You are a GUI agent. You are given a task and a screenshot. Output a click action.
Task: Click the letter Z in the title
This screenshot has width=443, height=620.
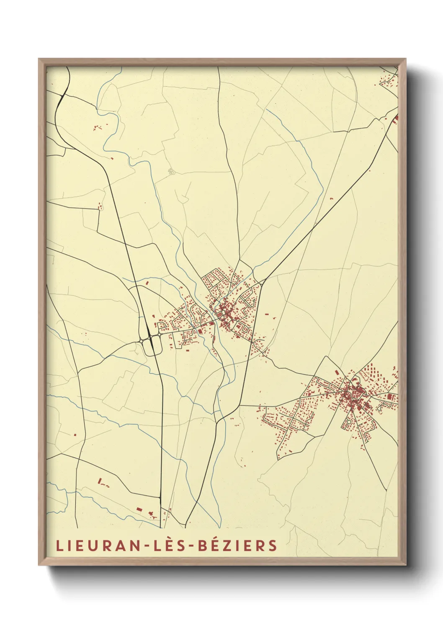pos(231,545)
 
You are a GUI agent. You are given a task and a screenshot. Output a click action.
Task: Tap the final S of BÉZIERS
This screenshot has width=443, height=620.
pos(273,545)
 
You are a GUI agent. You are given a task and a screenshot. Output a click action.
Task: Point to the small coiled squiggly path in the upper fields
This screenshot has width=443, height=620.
pos(170,170)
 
